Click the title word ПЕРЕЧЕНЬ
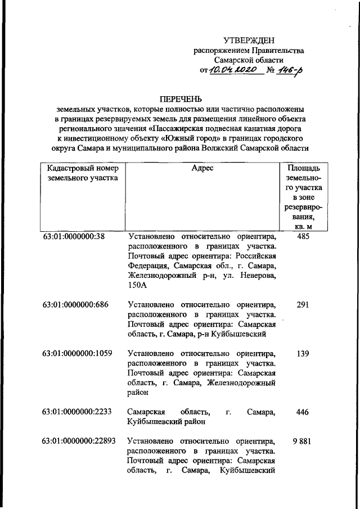[x=181, y=100]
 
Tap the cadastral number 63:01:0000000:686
[x=76, y=305]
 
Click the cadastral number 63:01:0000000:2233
[x=78, y=412]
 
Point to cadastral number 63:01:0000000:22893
[x=80, y=442]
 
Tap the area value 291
[x=303, y=305]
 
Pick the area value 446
[x=303, y=412]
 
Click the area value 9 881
[x=302, y=442]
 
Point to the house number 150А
[x=137, y=285]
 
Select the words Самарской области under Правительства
[x=249, y=60]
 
